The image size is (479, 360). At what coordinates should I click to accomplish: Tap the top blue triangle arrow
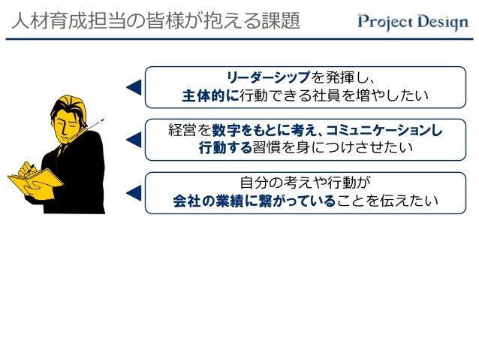[x=134, y=87]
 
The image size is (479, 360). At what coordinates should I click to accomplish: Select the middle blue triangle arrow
[x=134, y=139]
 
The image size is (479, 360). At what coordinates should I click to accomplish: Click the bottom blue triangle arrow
[x=134, y=193]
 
